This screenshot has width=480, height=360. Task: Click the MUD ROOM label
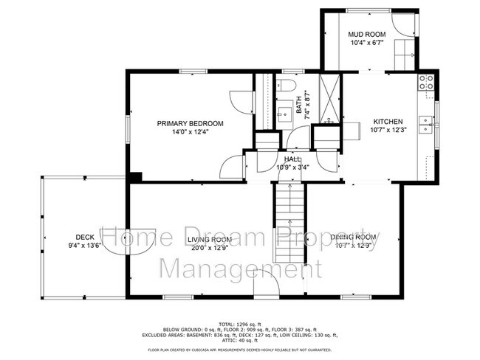tap(367, 34)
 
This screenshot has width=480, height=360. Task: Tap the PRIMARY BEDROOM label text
tap(190, 123)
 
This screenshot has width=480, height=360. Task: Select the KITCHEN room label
tap(387, 122)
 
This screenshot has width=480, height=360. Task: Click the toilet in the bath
tap(289, 85)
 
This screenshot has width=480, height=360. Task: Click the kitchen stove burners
tap(426, 82)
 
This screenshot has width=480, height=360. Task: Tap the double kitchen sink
tap(425, 125)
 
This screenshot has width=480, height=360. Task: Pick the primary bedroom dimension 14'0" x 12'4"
tap(190, 133)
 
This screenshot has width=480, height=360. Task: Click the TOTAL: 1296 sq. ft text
tap(240, 324)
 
